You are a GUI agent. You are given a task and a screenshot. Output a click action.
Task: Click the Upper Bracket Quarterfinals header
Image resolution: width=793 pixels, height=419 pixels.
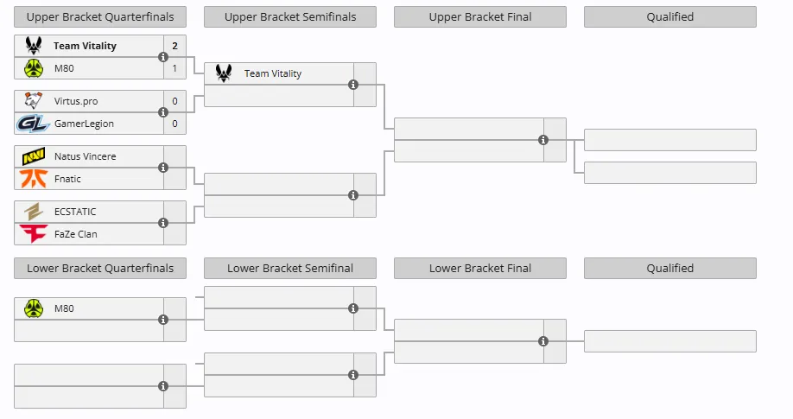point(100,16)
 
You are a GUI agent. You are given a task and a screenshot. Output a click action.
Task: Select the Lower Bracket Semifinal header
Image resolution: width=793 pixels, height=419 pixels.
point(290,268)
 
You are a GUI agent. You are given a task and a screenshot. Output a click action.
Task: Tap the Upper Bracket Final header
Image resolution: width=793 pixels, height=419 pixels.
point(480,16)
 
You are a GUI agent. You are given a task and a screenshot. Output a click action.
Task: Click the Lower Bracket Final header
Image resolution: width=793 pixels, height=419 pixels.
point(480,268)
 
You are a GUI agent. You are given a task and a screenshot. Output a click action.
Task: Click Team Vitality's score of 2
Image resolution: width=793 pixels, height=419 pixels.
point(175,46)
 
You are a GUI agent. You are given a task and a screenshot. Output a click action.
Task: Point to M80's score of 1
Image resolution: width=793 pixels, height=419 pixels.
point(175,68)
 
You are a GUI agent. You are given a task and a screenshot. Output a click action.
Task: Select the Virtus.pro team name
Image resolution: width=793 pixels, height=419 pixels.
point(76,101)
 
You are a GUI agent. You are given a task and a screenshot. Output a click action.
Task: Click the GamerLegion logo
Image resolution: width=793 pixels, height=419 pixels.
point(33,124)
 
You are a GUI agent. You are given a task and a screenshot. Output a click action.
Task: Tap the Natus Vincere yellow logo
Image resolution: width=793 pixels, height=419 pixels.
point(34,156)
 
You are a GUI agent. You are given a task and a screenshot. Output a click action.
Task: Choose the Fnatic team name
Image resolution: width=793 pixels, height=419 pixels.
point(67,179)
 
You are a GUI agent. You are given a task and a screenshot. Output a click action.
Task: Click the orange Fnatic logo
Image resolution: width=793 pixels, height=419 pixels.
point(34,179)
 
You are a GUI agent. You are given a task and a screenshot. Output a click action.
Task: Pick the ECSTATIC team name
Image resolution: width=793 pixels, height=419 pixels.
point(75,212)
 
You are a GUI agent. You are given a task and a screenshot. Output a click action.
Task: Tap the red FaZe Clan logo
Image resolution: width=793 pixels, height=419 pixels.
point(34,234)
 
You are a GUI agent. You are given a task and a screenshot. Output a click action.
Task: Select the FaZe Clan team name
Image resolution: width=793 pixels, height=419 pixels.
point(76,234)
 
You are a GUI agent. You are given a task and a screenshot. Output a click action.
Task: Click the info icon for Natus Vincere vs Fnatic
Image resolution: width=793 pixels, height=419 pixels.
point(163,168)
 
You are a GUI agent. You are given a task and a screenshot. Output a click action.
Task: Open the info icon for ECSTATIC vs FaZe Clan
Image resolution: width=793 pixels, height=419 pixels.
point(163,223)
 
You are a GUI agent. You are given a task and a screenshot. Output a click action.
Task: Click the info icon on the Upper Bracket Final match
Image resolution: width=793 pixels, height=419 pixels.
point(543,140)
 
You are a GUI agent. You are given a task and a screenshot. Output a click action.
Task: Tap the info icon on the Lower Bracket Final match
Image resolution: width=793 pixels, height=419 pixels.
point(543,341)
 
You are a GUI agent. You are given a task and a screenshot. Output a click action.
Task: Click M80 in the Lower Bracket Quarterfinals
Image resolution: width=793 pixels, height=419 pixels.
point(64,308)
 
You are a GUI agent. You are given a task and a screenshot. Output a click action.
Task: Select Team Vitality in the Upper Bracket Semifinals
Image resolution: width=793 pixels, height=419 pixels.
point(273,73)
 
